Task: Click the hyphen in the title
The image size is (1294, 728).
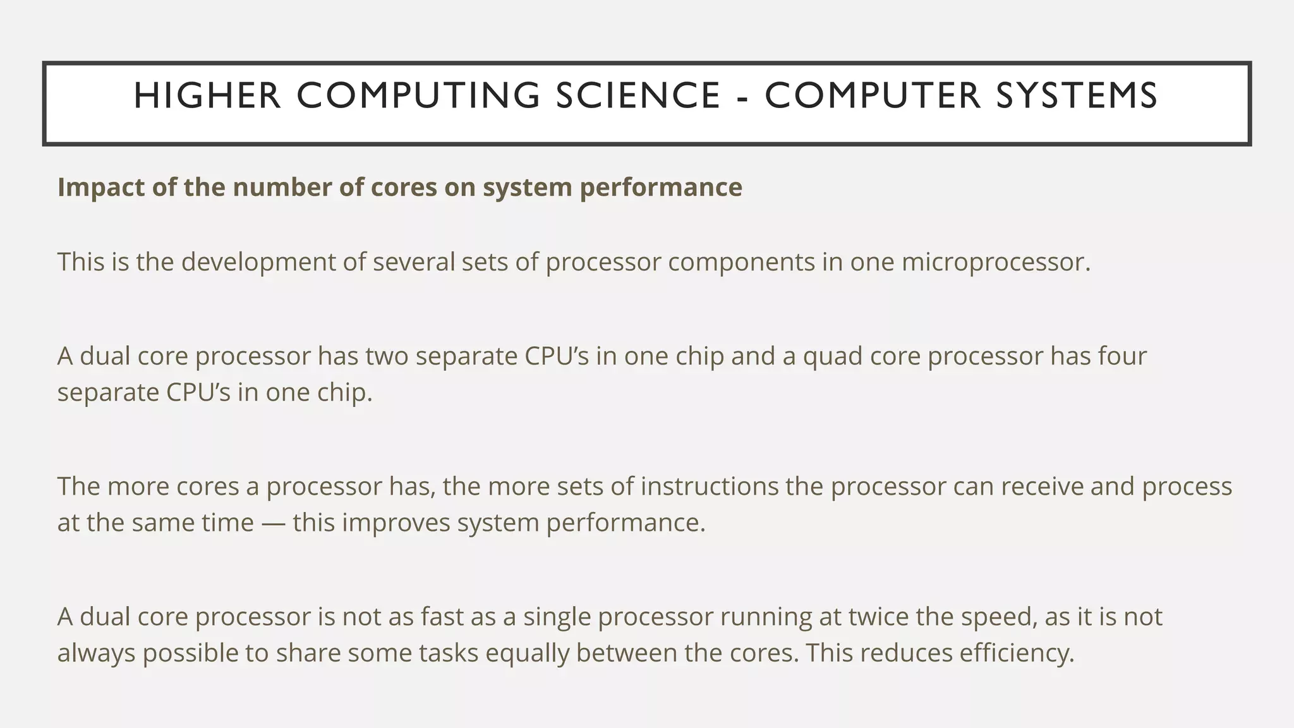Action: pos(743,97)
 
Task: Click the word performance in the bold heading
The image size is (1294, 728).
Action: pos(661,188)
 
